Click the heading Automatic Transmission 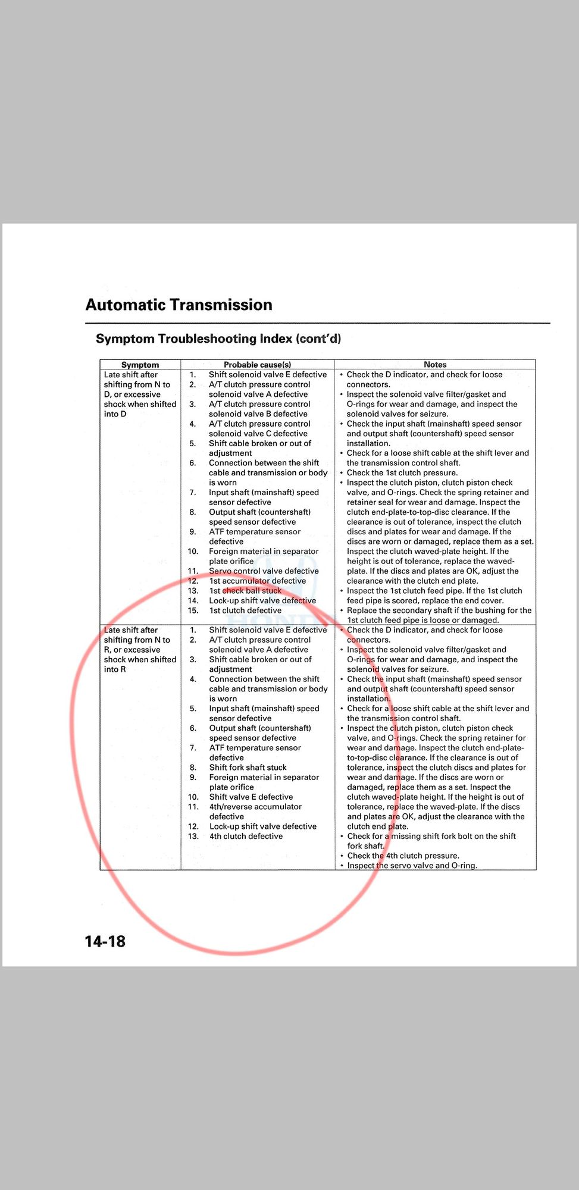(179, 305)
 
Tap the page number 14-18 (105, 941)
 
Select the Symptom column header (140, 365)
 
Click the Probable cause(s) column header (257, 365)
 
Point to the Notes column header (435, 365)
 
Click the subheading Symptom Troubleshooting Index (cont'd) (218, 339)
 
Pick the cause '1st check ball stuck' (245, 591)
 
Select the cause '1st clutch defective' (245, 610)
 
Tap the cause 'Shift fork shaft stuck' (248, 768)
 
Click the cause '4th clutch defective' (246, 836)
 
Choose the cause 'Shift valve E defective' (251, 797)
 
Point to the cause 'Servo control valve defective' (264, 571)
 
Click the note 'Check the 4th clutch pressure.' (403, 856)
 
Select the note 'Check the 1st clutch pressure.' (402, 472)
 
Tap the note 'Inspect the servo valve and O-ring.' (412, 866)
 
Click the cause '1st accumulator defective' (257, 581)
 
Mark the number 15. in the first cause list (193, 610)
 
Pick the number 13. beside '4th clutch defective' (193, 836)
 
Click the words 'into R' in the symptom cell (115, 669)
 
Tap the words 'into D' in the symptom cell (115, 414)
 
